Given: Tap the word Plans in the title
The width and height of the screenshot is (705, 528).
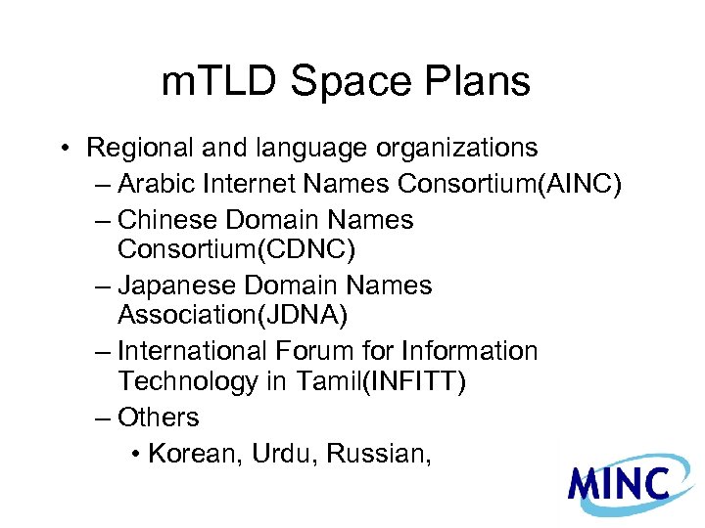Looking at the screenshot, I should tap(479, 83).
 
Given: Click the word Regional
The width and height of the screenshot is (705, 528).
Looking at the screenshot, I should tap(141, 148).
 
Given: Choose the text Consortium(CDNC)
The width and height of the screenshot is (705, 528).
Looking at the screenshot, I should tap(236, 250).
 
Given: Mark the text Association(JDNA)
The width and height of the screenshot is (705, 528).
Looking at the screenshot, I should tap(233, 316).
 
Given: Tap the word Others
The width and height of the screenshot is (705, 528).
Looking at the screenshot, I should tap(158, 418).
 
